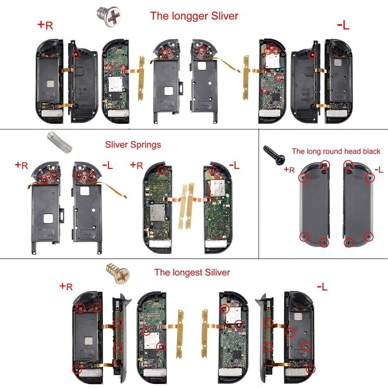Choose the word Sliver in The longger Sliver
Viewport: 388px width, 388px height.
coord(225,16)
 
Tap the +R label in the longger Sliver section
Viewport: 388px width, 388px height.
coord(45,26)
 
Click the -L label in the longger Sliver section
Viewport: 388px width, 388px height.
coord(343,26)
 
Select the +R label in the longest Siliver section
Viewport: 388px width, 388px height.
coord(66,287)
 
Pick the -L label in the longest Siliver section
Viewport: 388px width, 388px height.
coord(322,287)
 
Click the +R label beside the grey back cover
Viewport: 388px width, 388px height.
coord(289,170)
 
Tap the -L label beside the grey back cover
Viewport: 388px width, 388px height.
coord(378,170)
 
